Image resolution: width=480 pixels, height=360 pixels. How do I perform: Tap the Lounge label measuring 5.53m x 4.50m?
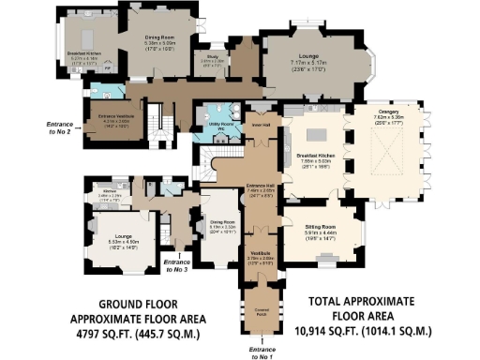point(111,239)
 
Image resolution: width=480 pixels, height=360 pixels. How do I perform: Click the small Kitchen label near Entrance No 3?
point(114,193)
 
